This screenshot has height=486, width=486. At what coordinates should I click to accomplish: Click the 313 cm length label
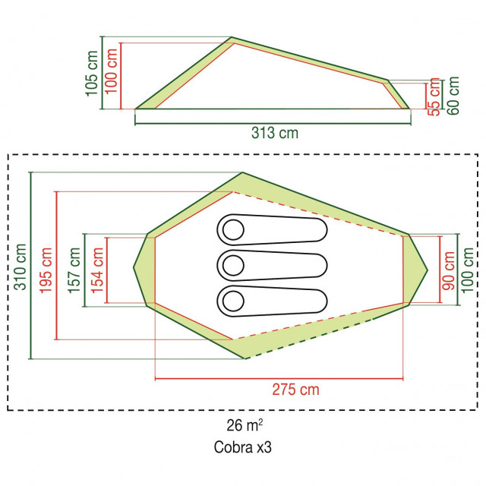coord(275,133)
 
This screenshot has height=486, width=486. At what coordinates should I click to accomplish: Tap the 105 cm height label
coord(92,74)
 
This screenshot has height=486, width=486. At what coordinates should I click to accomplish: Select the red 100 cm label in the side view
coord(111,71)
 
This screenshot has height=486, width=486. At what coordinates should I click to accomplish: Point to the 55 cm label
coord(434,96)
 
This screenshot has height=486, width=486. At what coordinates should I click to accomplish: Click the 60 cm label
coord(453,96)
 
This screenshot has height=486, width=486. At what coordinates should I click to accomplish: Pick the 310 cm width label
coord(21,267)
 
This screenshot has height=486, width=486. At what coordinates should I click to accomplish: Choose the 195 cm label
coord(46,270)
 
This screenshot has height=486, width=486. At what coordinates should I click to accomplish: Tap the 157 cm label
coord(74,270)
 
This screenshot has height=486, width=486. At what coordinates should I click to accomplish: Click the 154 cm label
coord(97,270)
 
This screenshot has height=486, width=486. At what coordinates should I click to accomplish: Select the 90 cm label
coord(449,270)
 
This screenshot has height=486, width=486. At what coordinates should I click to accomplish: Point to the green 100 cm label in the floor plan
coord(468,270)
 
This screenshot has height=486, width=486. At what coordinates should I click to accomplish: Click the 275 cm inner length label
coord(295,390)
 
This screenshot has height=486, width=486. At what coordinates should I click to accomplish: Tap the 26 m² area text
coord(245,425)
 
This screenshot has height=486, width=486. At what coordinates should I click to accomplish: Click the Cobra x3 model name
coord(243,447)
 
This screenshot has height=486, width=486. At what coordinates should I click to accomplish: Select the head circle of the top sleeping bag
coord(233,230)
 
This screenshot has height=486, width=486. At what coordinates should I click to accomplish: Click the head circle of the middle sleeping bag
coord(233,266)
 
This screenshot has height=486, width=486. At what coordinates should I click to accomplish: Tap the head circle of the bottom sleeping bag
coord(233,301)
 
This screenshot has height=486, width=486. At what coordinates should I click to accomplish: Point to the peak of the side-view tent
coord(232,37)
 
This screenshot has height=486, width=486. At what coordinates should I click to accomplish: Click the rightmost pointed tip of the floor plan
coord(428,270)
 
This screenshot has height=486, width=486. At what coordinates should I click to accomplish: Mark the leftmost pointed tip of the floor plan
coord(134,267)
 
